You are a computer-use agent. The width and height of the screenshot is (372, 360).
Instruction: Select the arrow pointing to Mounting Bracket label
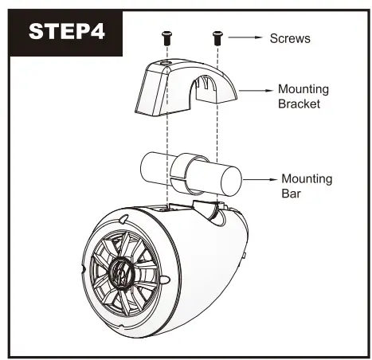coord(256,91)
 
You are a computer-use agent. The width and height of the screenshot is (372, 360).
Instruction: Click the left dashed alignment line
coord(166,143)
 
